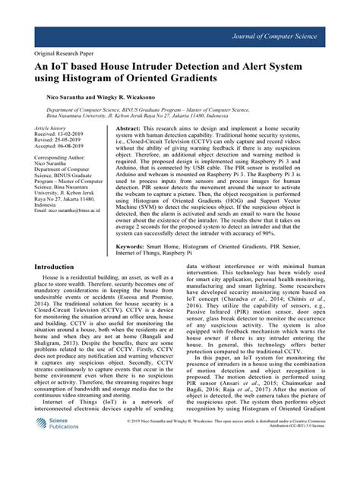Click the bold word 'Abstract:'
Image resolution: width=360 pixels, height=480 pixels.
pyautogui.click(x=134, y=130)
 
